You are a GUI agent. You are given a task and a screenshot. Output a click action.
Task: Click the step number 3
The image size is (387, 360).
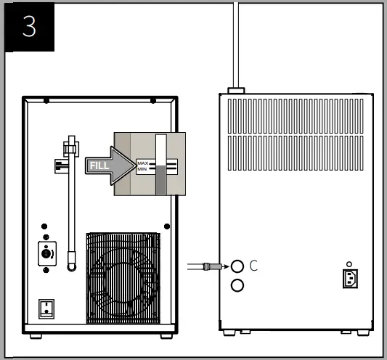[29, 26]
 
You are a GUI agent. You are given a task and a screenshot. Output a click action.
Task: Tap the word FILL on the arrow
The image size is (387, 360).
[99, 165]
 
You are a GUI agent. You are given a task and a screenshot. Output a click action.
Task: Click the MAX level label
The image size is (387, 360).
[143, 163]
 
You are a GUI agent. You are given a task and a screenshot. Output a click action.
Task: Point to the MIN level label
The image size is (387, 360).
[142, 169]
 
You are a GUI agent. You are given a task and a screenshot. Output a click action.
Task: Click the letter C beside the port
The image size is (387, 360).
[253, 266]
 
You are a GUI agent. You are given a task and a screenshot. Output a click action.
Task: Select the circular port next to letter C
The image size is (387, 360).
[237, 266]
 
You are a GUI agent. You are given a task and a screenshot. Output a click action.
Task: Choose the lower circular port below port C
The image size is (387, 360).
[237, 285]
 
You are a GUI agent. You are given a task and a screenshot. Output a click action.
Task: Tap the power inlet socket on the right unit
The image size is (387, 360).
[350, 279]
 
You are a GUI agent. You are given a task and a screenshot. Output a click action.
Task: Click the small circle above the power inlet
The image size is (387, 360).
[349, 264]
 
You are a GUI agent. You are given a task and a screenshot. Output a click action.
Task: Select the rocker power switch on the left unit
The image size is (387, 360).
[46, 309]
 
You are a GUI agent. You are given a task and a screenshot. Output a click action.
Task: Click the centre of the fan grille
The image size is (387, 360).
[123, 278]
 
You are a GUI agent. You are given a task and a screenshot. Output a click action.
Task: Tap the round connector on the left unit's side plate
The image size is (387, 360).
[46, 253]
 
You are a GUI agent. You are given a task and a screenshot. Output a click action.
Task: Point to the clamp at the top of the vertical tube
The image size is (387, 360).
[71, 149]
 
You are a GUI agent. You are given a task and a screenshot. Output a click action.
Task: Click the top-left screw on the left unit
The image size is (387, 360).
[46, 101]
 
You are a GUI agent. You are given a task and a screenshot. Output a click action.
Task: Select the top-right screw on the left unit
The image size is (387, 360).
[153, 101]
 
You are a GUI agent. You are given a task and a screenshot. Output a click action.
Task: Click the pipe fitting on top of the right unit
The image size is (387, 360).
[236, 91]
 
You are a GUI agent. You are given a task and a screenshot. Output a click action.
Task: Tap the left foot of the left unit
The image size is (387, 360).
[36, 336]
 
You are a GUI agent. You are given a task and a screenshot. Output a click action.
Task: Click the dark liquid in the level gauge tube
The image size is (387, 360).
[161, 181]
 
